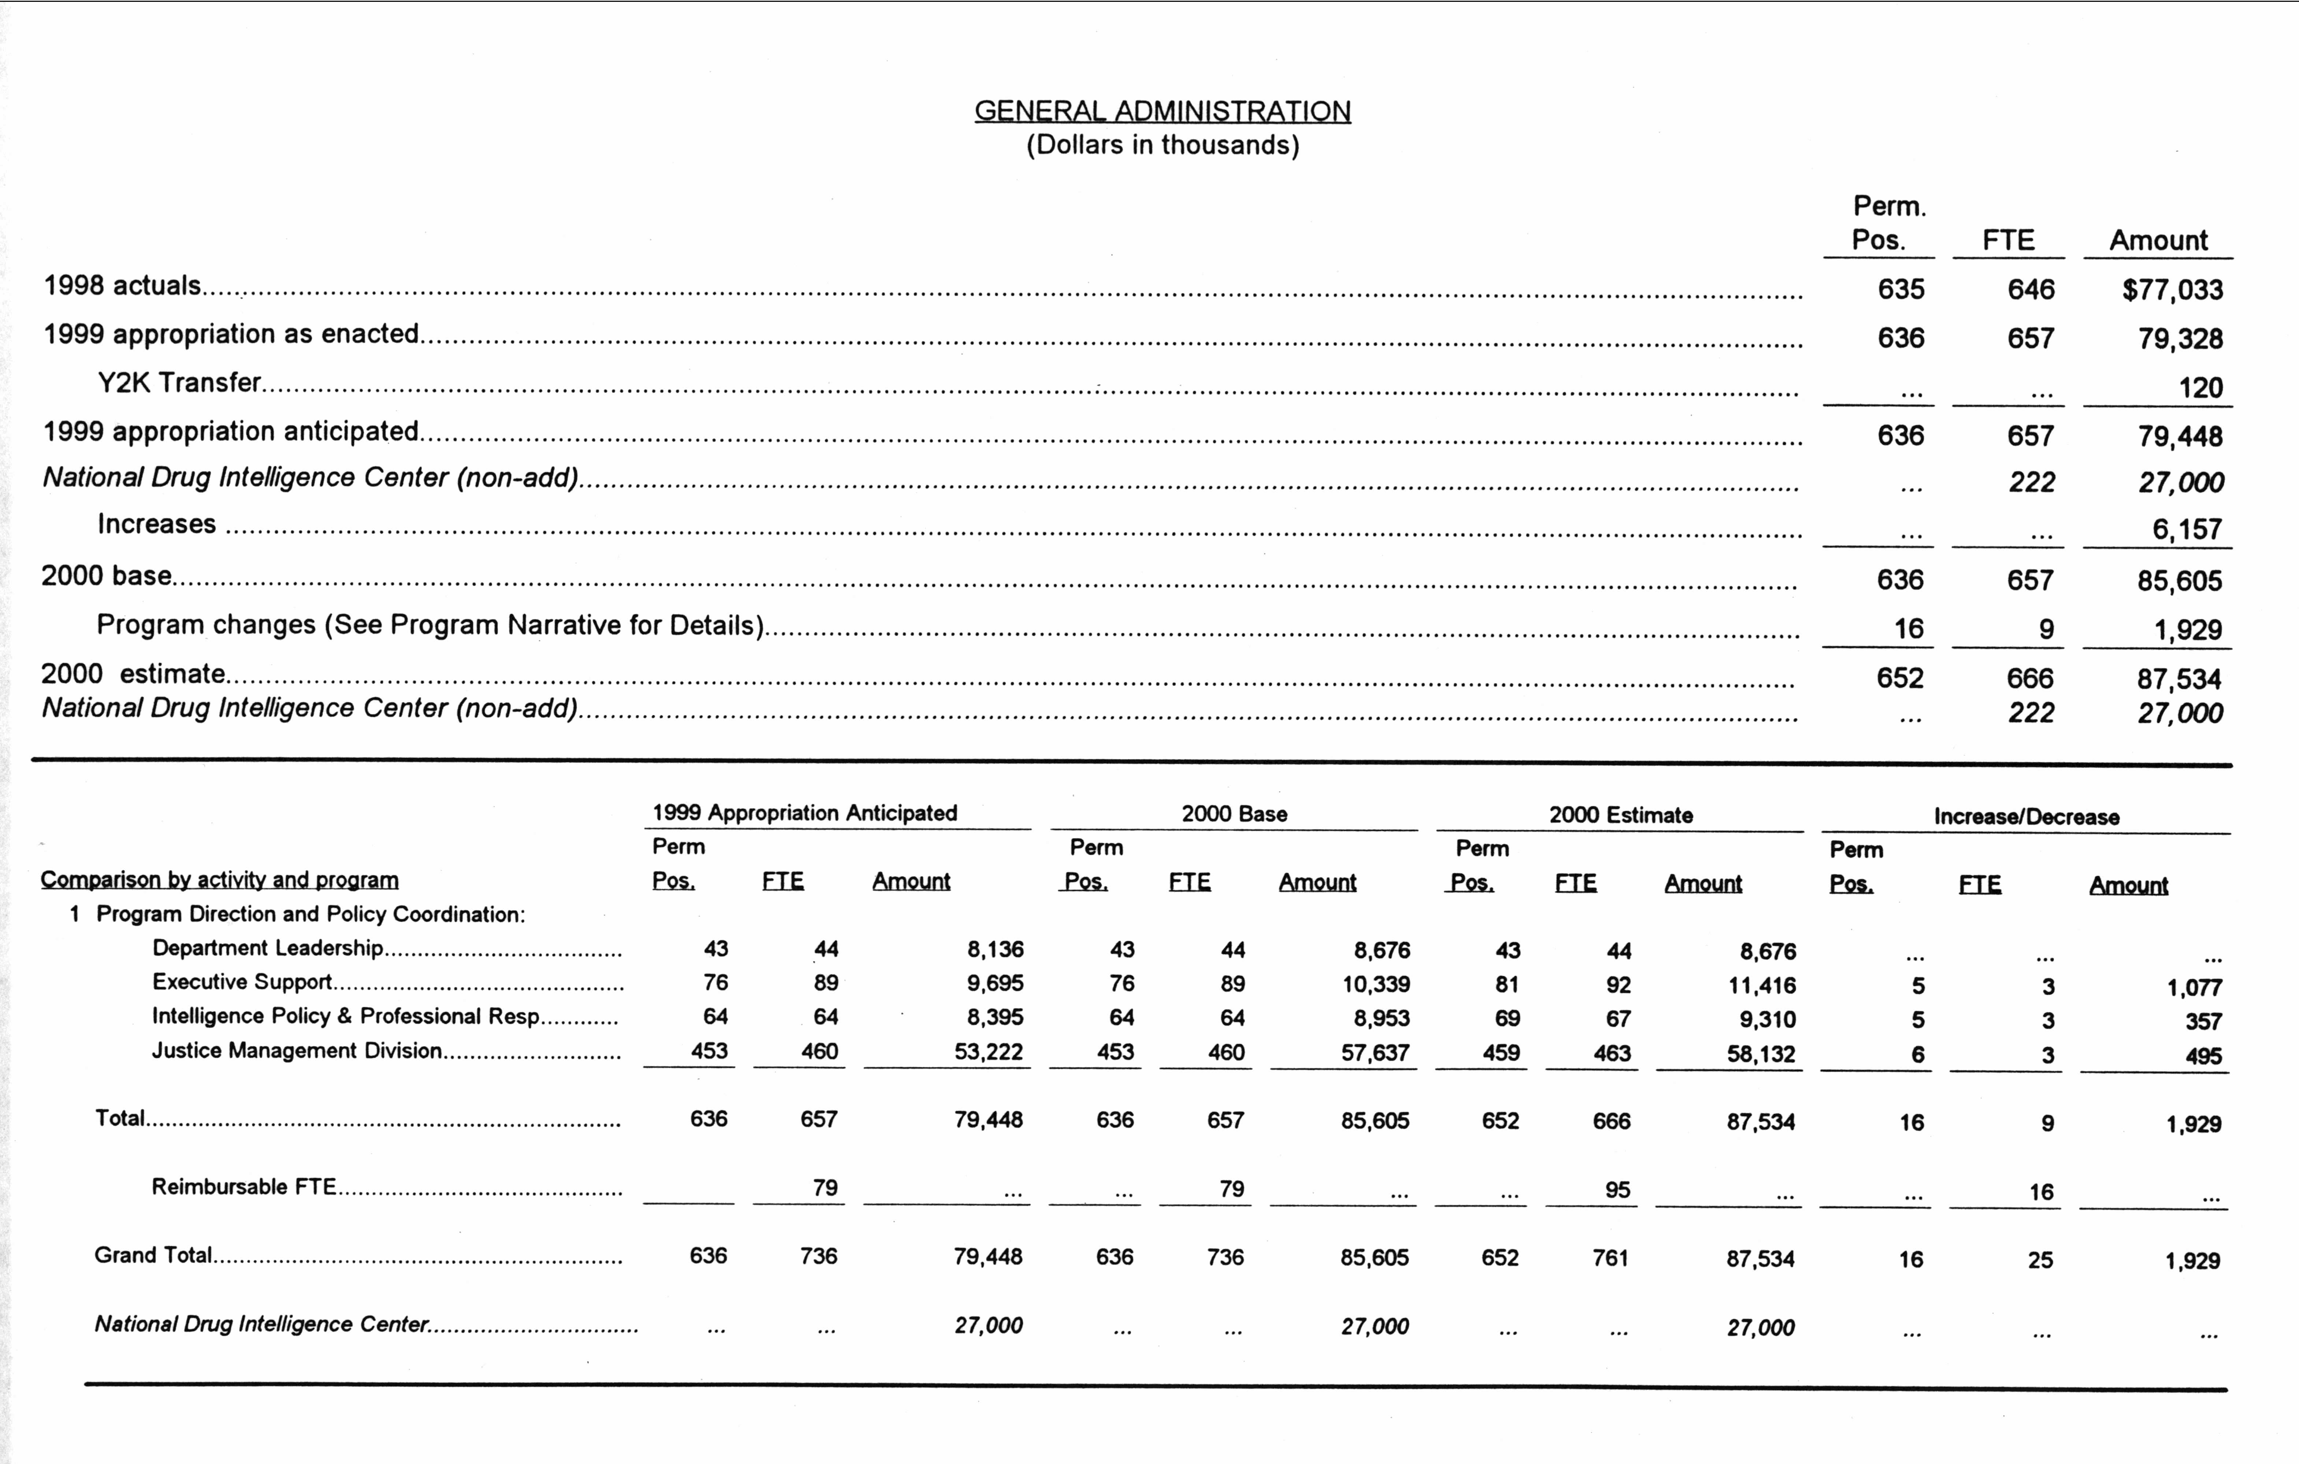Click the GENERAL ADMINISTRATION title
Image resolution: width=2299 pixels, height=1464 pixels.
(x=1162, y=111)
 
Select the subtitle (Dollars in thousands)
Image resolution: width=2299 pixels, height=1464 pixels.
(x=1162, y=145)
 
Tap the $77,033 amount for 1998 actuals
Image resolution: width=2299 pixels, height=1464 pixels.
(x=2172, y=289)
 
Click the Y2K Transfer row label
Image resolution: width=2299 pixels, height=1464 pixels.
(x=178, y=382)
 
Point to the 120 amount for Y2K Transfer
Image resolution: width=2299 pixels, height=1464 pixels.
(x=2200, y=388)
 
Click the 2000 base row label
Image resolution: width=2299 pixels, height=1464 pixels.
(x=106, y=576)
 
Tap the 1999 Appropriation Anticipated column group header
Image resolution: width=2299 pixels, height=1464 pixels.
(x=804, y=813)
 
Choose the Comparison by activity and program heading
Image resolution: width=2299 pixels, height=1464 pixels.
(x=220, y=879)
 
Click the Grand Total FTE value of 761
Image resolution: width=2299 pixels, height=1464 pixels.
(x=1610, y=1258)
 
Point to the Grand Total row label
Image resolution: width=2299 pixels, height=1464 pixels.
(x=153, y=1255)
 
